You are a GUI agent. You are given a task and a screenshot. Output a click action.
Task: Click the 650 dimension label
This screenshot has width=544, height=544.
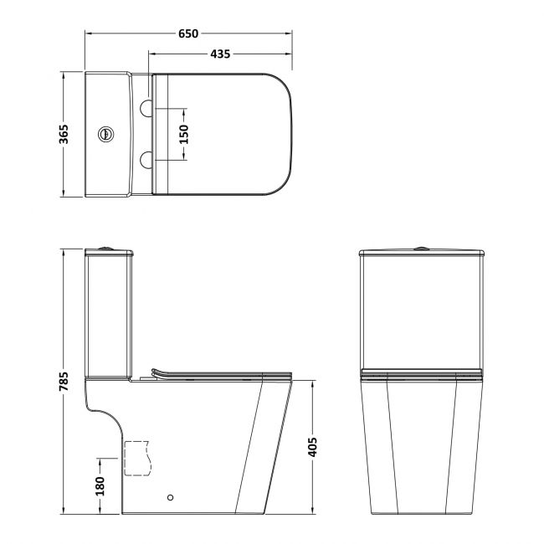click(x=188, y=33)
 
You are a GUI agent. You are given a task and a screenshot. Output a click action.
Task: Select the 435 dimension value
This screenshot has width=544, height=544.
click(x=220, y=54)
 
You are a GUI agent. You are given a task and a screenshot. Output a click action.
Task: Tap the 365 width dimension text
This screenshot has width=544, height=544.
click(x=64, y=134)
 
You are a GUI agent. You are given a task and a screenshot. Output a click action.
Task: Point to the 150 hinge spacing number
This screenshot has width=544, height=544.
click(x=184, y=134)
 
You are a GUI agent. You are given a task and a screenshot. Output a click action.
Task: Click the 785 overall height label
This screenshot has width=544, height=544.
click(x=64, y=381)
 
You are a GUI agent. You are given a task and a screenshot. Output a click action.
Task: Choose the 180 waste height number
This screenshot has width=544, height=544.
click(x=100, y=485)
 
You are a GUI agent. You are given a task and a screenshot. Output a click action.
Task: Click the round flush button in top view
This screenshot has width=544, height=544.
click(x=105, y=133)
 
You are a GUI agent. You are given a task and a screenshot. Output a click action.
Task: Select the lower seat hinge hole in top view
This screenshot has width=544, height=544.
click(x=146, y=157)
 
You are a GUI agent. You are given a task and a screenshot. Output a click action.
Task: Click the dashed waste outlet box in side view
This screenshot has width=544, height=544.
click(x=136, y=457)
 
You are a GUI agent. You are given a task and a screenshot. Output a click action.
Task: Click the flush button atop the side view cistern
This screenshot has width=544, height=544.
click(x=105, y=248)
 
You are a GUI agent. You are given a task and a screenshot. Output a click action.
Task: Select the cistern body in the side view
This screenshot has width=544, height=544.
click(x=107, y=314)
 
